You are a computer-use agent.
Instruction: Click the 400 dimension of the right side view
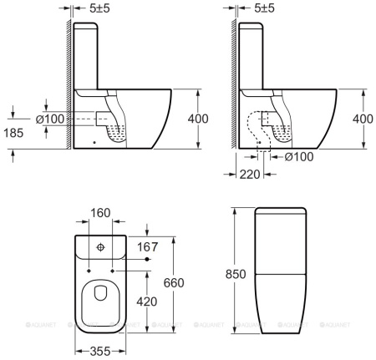(x=363, y=119)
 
